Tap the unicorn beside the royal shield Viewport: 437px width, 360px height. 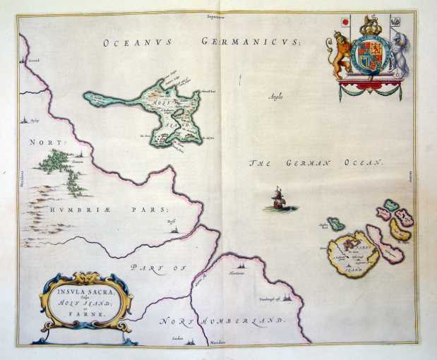(400, 56)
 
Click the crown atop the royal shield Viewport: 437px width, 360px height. (369, 27)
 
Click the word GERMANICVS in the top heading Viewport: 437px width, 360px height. (251, 42)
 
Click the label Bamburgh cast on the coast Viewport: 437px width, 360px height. (270, 299)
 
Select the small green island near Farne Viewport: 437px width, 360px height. (335, 223)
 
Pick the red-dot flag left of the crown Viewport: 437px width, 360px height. (345, 22)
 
